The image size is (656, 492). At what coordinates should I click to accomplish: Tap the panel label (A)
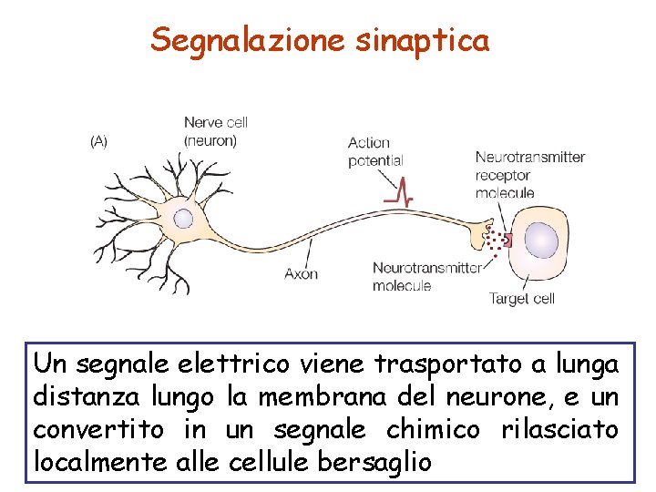tap(97, 141)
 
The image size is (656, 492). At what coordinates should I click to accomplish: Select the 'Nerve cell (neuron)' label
tap(215, 131)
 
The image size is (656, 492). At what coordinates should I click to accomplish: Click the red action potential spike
tap(399, 190)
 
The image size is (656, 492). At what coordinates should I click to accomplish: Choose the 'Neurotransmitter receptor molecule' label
tap(529, 174)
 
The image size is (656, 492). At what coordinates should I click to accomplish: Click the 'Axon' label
tap(302, 272)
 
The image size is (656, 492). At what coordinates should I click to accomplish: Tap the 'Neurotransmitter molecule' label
tap(426, 276)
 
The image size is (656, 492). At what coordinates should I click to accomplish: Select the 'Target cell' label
tap(521, 298)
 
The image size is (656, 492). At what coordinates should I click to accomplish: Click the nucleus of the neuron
tap(183, 218)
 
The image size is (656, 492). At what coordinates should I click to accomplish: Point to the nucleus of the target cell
tap(541, 241)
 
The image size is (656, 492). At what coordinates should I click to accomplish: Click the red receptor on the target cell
tap(507, 241)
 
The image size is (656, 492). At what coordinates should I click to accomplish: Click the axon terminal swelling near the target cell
tap(477, 235)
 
